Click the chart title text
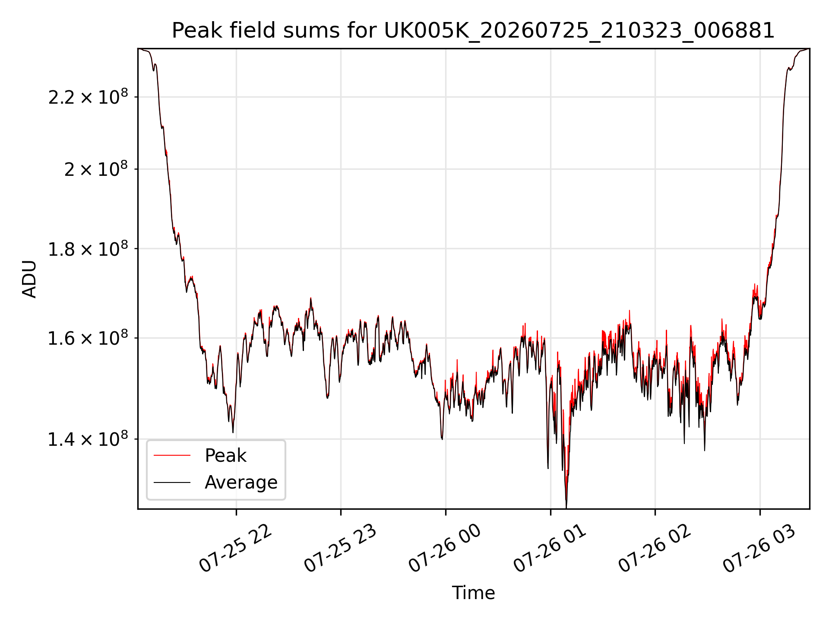[473, 31]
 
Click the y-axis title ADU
[29, 279]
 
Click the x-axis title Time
[473, 593]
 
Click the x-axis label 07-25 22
[235, 549]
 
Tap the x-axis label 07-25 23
[340, 549]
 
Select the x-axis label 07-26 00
[445, 549]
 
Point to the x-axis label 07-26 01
[550, 549]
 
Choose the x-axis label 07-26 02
[655, 549]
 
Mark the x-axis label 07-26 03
[759, 549]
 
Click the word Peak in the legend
[225, 456]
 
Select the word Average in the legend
[241, 482]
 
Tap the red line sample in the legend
[172, 455]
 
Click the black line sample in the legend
[172, 482]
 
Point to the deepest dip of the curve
[566, 507]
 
